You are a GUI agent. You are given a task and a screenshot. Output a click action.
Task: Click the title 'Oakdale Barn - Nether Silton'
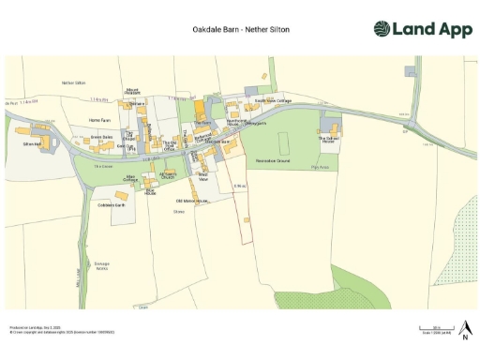click(x=240, y=30)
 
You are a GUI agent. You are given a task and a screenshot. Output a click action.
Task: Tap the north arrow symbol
click(x=464, y=328)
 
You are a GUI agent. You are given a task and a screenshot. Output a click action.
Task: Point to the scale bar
click(x=430, y=328)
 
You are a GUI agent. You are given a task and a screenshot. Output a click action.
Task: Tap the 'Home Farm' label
click(x=99, y=120)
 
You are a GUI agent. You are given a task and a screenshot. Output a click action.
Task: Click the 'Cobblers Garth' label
click(x=112, y=204)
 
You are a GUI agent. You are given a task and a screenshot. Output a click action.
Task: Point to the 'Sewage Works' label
click(x=101, y=266)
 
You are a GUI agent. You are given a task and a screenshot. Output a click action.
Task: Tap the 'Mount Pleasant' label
click(x=133, y=92)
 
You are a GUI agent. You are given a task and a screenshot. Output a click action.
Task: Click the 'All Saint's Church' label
click(x=168, y=175)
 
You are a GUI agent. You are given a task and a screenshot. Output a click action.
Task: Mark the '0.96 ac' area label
click(x=241, y=187)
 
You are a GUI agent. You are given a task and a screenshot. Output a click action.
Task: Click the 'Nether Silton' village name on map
click(x=73, y=83)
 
